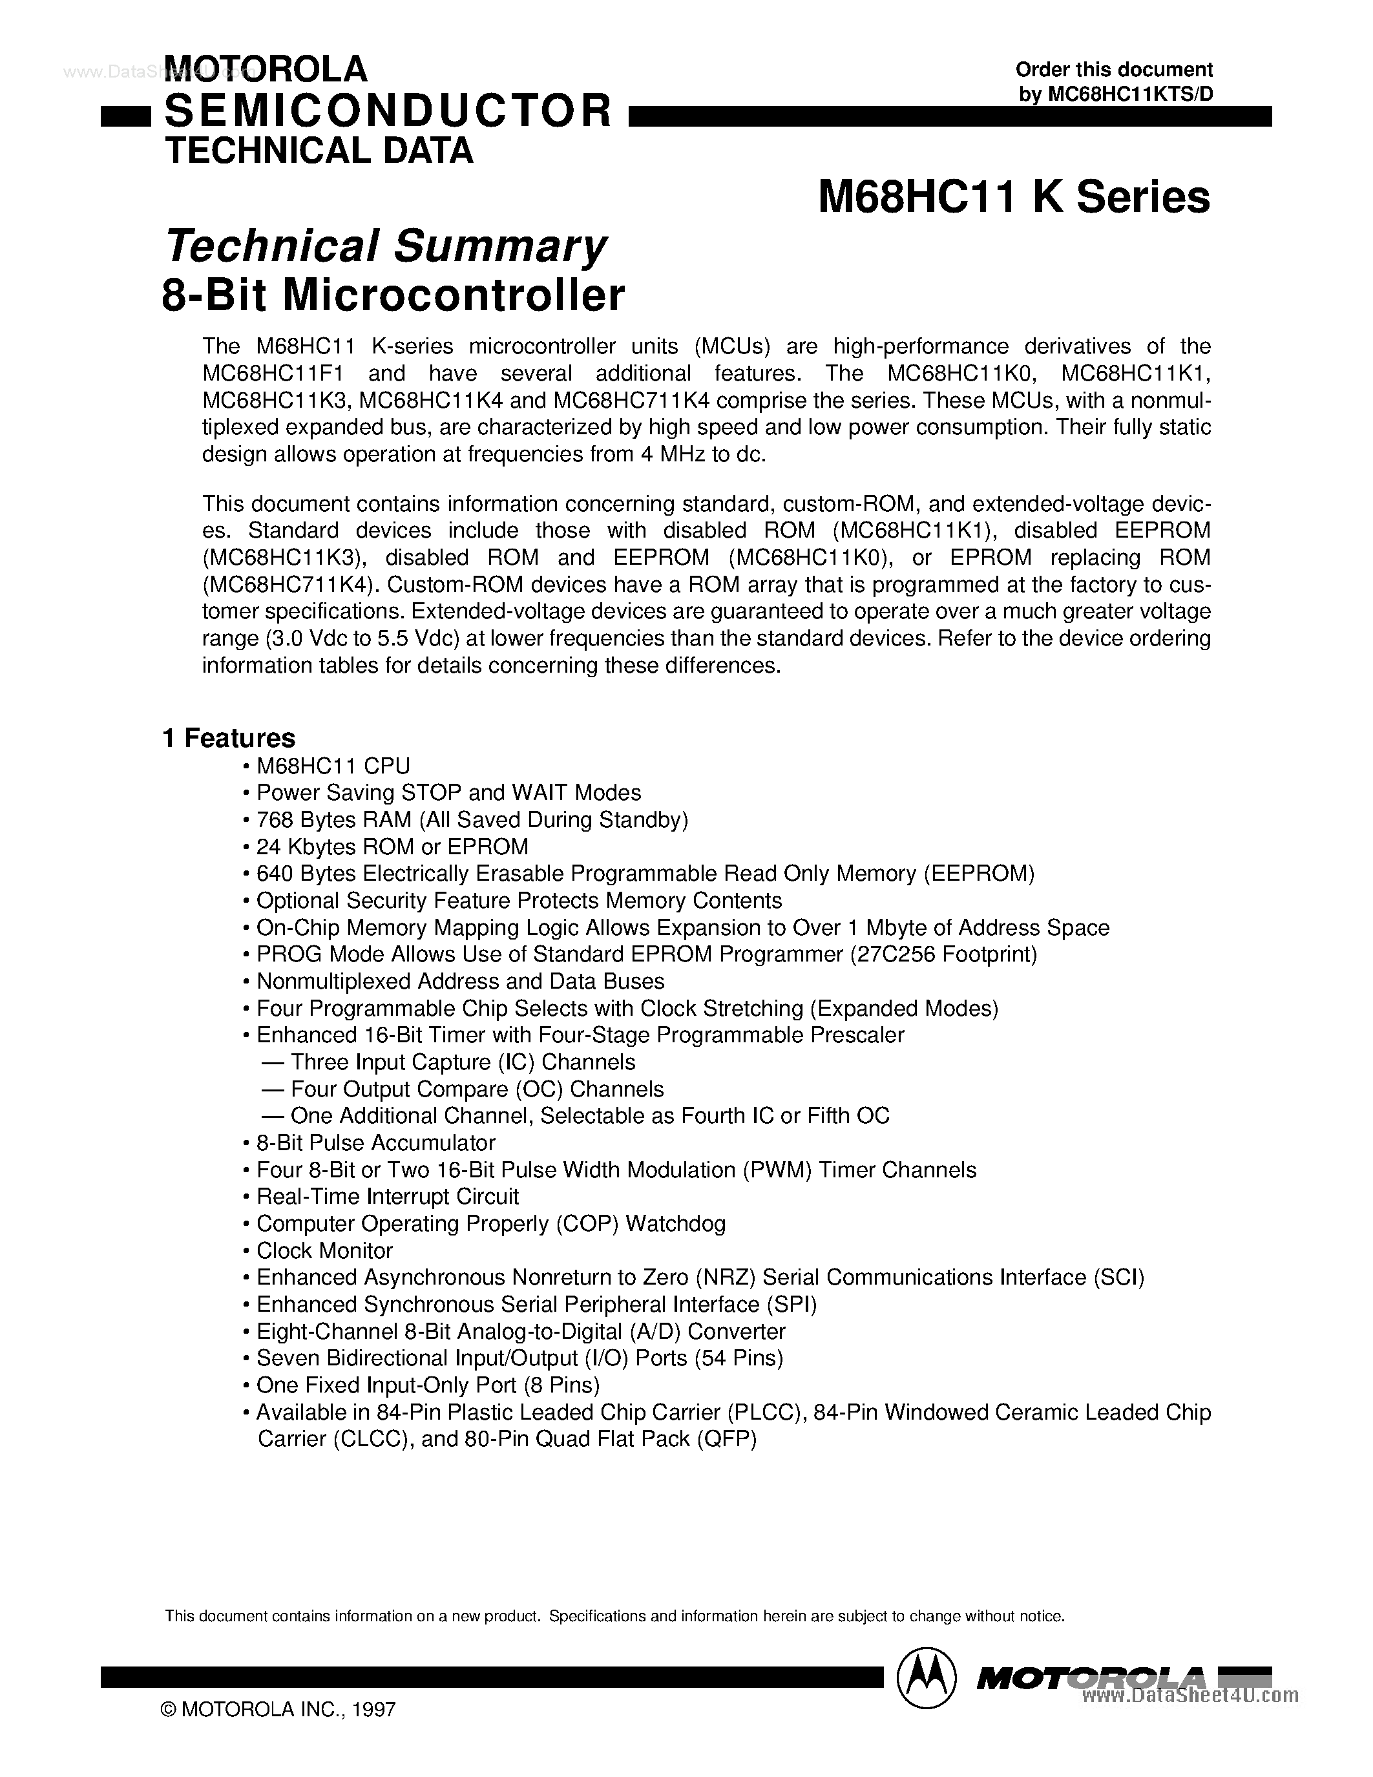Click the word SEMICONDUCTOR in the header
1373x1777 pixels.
(387, 110)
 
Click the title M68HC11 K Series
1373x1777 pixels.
(1014, 198)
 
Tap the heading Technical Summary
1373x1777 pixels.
(386, 246)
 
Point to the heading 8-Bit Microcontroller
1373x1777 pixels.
(393, 296)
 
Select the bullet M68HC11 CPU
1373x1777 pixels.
(333, 766)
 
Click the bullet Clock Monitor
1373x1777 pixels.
(324, 1250)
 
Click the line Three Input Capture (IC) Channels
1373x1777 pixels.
(463, 1062)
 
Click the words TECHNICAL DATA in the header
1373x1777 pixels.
(319, 152)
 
